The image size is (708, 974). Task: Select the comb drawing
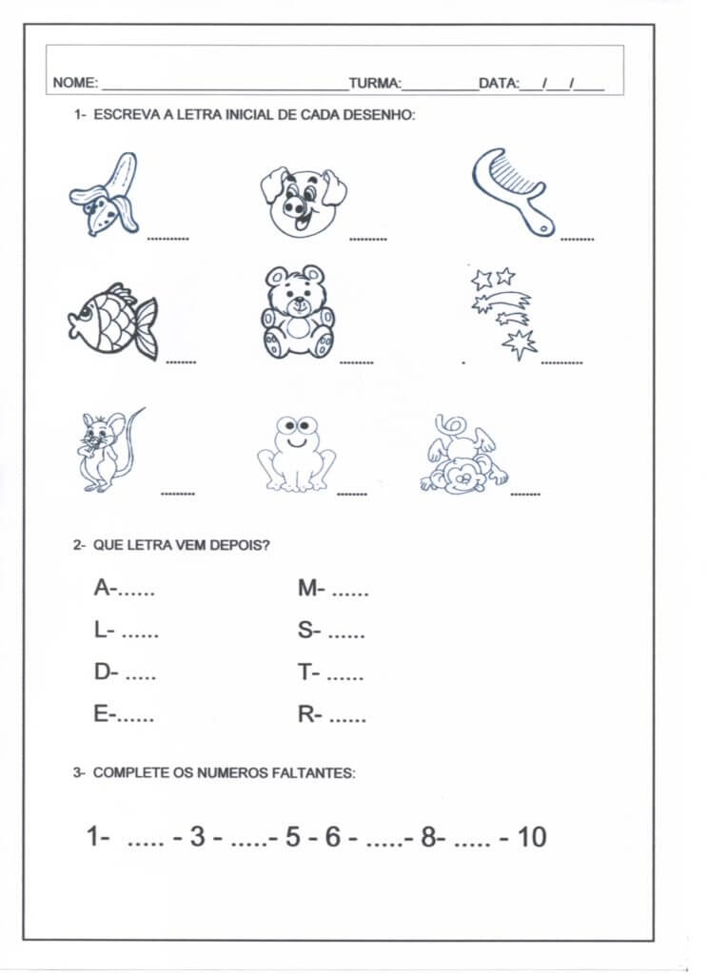pos(510,187)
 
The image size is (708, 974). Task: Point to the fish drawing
pos(113,321)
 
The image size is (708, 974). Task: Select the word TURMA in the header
pos(374,84)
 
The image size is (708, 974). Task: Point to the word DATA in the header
pos(497,84)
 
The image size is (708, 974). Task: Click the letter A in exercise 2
pos(102,589)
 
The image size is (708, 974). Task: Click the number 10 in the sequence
pos(533,837)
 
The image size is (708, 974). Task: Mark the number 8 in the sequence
pos(428,837)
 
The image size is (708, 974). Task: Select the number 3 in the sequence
pos(198,837)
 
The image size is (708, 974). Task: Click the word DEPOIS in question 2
pos(239,546)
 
